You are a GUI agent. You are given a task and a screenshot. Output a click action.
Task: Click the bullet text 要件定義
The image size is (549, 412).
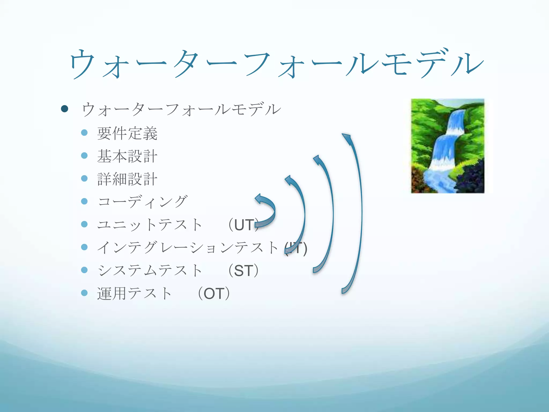[x=127, y=133]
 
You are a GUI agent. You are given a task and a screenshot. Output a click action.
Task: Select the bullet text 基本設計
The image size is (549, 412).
[x=127, y=156]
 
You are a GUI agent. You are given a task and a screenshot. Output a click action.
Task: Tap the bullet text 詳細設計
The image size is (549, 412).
[x=127, y=179]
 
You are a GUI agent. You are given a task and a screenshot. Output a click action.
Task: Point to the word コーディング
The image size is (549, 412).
[x=142, y=202]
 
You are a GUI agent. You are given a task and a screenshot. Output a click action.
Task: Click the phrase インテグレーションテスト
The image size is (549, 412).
[x=188, y=248]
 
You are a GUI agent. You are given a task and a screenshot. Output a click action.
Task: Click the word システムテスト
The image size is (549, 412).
[x=150, y=270]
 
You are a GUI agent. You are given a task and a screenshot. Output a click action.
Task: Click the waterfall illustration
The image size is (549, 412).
[x=447, y=146]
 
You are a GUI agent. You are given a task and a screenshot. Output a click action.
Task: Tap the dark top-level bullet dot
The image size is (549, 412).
[x=64, y=109]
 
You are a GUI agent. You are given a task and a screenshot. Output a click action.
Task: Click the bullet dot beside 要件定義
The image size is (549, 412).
[x=84, y=133]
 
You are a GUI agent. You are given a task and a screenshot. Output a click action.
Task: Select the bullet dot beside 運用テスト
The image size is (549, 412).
[x=84, y=293]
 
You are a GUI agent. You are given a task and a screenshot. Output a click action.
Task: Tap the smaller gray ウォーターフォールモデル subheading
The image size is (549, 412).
[x=181, y=109]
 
